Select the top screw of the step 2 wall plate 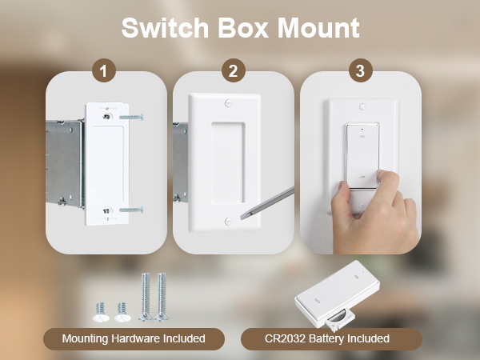[x=230, y=105]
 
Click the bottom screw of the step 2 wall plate [x=230, y=220]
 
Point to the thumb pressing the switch [x=345, y=192]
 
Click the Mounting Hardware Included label [x=134, y=339]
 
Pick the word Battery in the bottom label [x=335, y=339]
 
